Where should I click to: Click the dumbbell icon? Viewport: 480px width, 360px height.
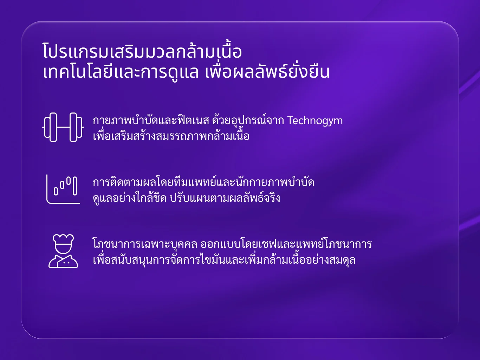(63, 127)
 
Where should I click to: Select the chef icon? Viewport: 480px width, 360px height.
(63, 251)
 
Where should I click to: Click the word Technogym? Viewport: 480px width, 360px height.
(315, 121)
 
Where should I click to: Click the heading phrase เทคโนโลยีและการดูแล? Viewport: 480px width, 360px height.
(121, 72)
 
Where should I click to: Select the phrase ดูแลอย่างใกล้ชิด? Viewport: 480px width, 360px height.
(130, 198)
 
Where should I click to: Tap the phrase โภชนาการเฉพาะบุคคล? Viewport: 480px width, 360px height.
(145, 244)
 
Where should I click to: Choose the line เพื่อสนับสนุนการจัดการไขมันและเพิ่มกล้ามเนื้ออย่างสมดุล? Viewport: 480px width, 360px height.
(224, 259)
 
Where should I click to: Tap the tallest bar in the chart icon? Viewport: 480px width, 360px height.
(75, 186)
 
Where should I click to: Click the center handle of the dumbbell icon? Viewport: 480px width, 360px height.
(63, 127)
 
